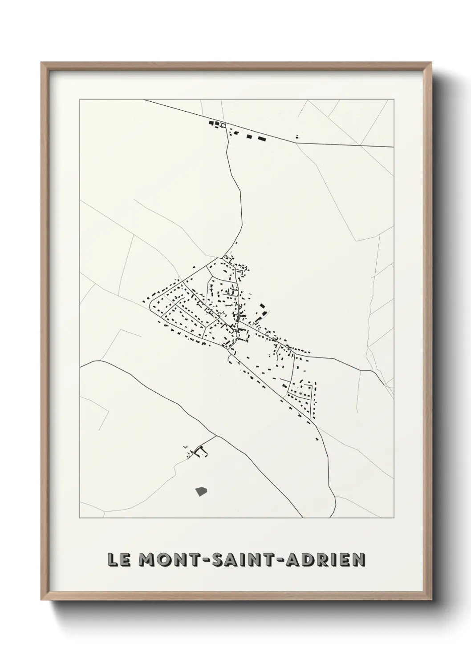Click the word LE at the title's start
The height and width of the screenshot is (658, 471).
[x=118, y=560]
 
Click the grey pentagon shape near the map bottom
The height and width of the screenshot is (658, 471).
[x=201, y=491]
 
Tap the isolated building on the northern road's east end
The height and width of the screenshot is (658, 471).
[x=297, y=137]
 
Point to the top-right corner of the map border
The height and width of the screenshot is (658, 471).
[x=394, y=100]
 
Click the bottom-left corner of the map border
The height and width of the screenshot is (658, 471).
[x=80, y=518]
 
